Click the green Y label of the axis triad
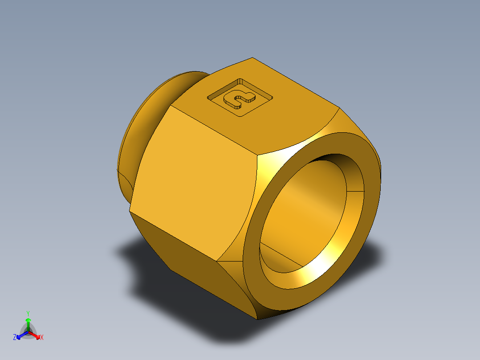[28, 313]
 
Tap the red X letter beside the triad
[42, 338]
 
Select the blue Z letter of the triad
[15, 337]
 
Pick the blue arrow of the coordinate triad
[20, 335]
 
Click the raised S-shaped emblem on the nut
[239, 98]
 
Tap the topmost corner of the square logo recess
[240, 79]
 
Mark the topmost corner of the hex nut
[252, 57]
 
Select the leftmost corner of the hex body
[130, 210]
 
